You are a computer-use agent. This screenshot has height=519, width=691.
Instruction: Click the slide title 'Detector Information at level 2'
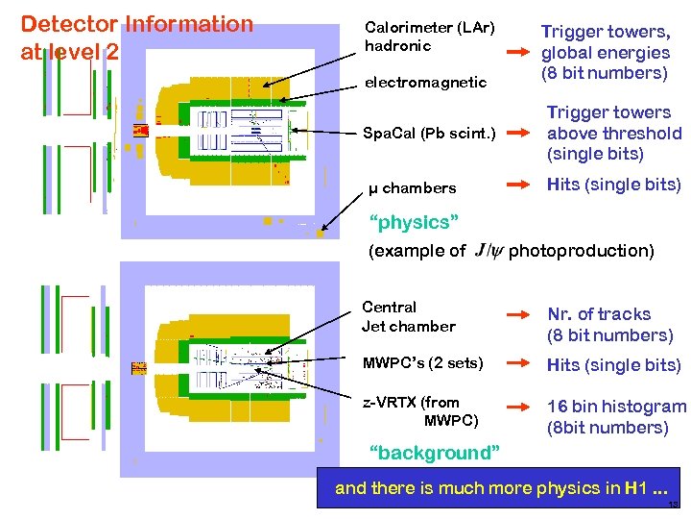tap(136, 37)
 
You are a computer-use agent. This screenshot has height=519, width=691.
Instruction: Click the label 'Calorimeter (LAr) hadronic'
tap(429, 36)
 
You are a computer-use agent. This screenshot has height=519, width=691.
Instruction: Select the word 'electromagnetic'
tap(425, 83)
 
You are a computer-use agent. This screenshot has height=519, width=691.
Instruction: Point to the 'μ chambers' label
tap(413, 187)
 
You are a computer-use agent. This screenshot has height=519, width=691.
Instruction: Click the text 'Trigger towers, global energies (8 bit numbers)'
tap(605, 53)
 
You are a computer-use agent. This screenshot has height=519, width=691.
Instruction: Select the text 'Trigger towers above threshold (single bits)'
tap(613, 134)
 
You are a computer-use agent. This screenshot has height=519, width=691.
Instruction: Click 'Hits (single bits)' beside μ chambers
tap(613, 185)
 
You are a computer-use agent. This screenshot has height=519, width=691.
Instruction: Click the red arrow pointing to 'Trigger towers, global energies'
tap(519, 52)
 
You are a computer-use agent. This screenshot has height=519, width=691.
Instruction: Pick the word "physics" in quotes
tap(414, 223)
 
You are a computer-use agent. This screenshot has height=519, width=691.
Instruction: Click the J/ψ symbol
tap(488, 251)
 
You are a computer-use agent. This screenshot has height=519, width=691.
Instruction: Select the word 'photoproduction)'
tap(581, 251)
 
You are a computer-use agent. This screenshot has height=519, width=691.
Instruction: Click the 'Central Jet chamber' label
tap(408, 316)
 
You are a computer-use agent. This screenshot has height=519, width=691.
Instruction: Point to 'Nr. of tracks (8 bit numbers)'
tap(609, 325)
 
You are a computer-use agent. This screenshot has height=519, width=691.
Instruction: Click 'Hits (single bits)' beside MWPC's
tap(613, 365)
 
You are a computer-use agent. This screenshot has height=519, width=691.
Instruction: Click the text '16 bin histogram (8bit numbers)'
tap(616, 417)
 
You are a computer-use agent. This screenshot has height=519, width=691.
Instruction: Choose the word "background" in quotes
tap(434, 453)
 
